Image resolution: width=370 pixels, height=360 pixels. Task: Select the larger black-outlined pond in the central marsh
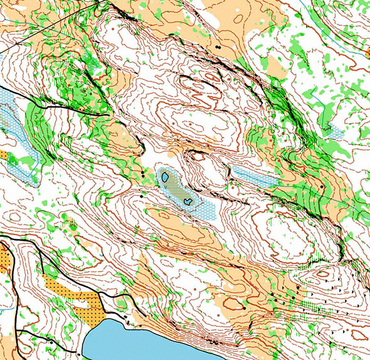165,177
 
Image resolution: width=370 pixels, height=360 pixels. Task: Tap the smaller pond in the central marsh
188,201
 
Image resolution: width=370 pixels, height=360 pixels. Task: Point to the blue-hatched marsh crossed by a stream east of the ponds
254,176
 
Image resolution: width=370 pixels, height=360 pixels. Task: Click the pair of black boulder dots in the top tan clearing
217,46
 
